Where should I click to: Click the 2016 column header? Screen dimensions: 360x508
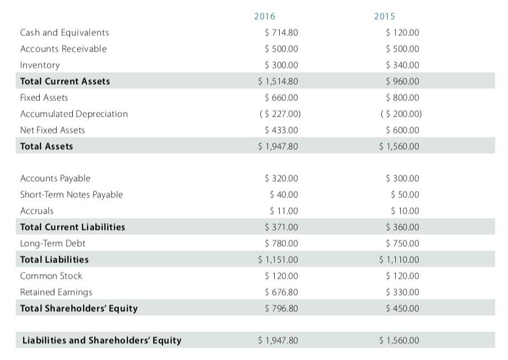click(265, 16)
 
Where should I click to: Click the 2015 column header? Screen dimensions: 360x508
click(385, 16)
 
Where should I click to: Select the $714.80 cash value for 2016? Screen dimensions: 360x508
click(281, 33)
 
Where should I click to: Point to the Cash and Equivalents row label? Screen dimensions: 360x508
click(64, 33)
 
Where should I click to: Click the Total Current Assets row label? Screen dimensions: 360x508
click(65, 81)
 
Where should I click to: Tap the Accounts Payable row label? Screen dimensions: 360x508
click(55, 178)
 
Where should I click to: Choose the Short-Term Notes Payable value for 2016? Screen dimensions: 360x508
click(284, 195)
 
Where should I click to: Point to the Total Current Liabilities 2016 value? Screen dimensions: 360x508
click(281, 227)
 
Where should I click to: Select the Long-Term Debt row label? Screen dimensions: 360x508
click(53, 243)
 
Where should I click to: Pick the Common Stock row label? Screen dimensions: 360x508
click(51, 276)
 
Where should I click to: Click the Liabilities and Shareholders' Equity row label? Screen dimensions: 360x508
click(101, 340)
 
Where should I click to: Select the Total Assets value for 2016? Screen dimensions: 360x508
click(278, 146)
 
